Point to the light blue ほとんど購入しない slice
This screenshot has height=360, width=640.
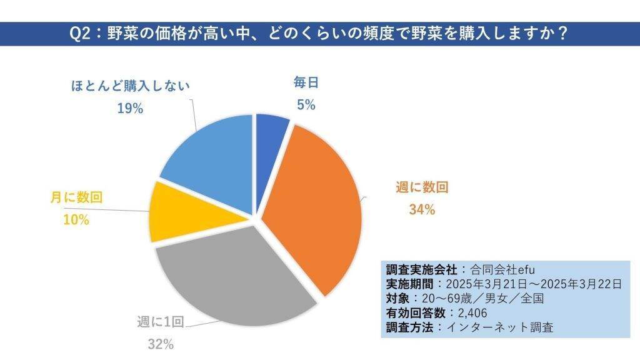click(209, 162)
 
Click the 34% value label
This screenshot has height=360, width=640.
click(421, 210)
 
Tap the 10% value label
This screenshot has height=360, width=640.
click(77, 220)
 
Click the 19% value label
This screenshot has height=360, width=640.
click(130, 108)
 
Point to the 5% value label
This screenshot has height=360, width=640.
click(306, 105)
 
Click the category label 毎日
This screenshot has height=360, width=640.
click(306, 82)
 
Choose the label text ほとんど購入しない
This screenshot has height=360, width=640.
click(130, 85)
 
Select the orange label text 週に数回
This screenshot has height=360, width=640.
click(422, 187)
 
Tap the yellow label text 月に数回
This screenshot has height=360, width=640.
click(76, 197)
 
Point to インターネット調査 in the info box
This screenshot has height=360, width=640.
click(512, 327)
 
